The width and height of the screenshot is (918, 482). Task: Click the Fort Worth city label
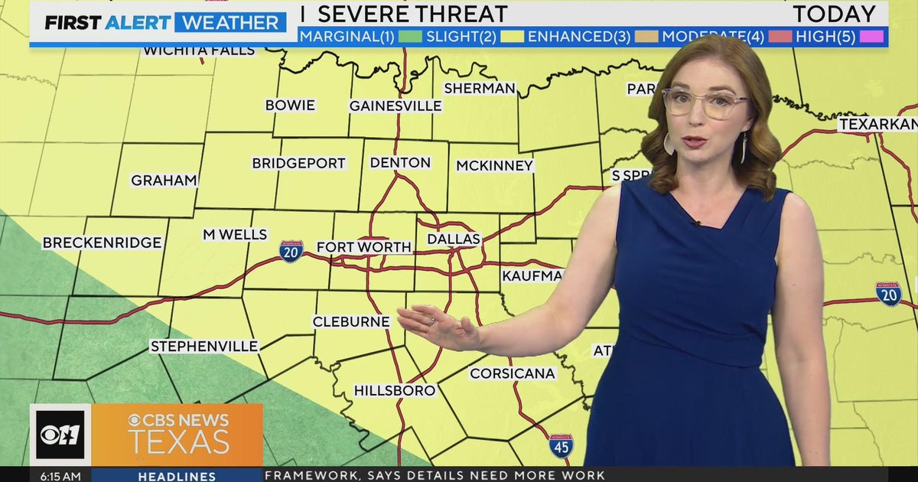tap(364, 247)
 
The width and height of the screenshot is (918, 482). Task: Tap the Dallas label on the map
tap(454, 239)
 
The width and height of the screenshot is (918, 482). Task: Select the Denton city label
tap(400, 163)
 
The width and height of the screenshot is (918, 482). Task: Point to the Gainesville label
tap(396, 106)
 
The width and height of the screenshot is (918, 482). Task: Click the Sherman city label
tap(480, 88)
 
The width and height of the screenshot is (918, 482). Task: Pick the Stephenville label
tap(204, 346)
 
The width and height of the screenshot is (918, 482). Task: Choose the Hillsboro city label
tap(395, 390)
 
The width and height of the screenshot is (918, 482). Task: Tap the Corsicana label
tap(513, 373)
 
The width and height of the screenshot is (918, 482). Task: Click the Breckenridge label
tap(102, 243)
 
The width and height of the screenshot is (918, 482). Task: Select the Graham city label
tap(164, 181)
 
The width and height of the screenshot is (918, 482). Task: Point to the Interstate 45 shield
tap(561, 446)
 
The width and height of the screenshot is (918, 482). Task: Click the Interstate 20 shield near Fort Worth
tap(291, 251)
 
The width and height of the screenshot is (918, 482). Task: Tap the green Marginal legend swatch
tap(410, 36)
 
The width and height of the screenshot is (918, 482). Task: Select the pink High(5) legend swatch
tap(871, 36)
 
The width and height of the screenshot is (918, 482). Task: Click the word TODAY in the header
tap(834, 14)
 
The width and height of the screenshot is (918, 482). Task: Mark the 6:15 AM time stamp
tap(60, 476)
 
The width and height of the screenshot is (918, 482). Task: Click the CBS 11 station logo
tap(60, 435)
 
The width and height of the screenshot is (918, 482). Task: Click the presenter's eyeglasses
tap(705, 102)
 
